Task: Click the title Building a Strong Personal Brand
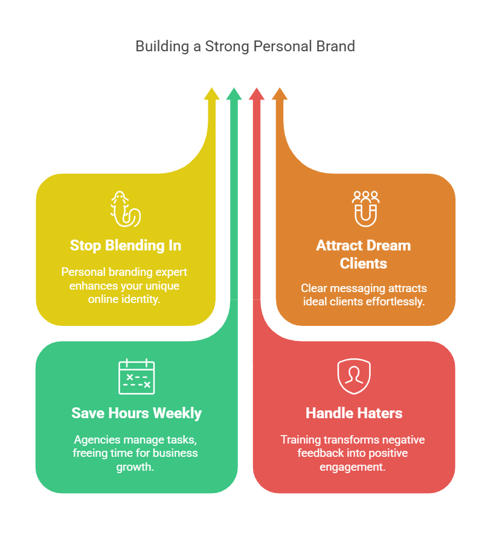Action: pos(245,46)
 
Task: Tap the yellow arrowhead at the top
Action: pos(211,94)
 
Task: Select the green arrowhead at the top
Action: pos(234,94)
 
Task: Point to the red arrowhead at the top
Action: pos(257,94)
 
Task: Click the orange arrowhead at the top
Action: pos(279,94)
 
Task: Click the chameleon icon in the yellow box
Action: pos(125,209)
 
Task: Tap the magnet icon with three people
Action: pos(365,208)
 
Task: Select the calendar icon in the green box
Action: pos(136,377)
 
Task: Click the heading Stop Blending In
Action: pos(126,246)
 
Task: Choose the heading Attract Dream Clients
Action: pos(363,254)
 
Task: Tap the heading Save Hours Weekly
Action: pos(136,413)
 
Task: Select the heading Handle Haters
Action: pos(354,413)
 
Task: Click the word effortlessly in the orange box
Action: pos(395,301)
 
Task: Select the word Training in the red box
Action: pos(301,439)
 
